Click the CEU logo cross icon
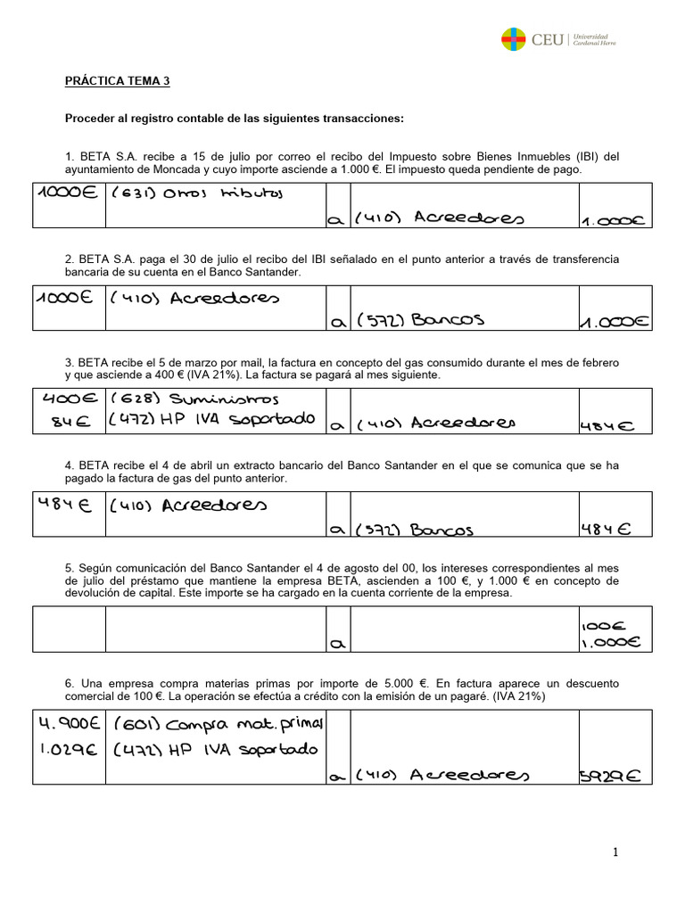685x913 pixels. (514, 39)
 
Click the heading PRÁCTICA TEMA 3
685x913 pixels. (117, 81)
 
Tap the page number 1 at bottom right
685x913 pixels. (615, 853)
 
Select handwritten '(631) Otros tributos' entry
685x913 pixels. (196, 194)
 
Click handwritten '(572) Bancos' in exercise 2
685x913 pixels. (419, 320)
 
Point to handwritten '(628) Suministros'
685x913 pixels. (194, 399)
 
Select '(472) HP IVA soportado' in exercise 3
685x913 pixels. (211, 420)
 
